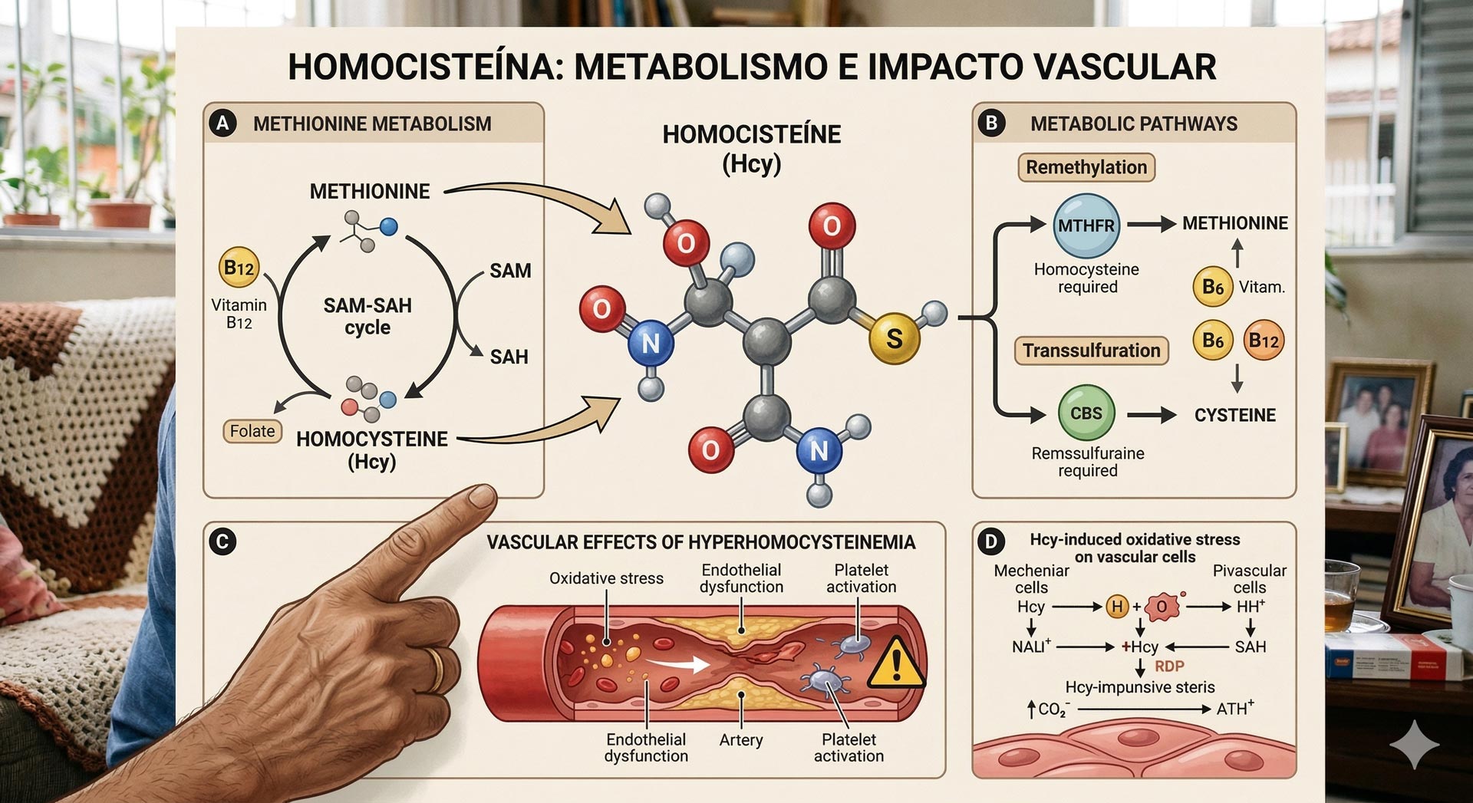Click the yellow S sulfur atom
894,338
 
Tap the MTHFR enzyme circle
1086,225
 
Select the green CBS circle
1086,413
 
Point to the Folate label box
252,431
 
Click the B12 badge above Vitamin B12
239,268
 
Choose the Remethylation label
1086,167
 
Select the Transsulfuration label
1091,350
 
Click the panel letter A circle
222,123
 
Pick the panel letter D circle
990,542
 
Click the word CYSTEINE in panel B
1234,415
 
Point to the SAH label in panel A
509,357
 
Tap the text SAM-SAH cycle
367,316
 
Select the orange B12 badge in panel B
1263,340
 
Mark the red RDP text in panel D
1169,666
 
